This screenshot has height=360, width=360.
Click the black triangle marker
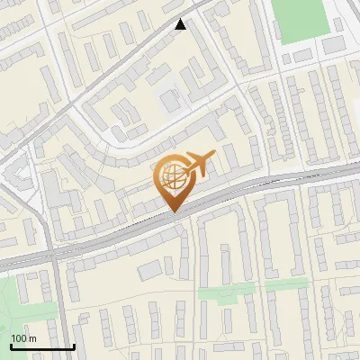(x=181, y=24)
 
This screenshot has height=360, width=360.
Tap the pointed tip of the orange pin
(x=173, y=212)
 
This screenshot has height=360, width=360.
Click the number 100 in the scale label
(x=18, y=338)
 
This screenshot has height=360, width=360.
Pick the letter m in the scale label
(x=32, y=338)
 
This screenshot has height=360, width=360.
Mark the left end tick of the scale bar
(x=11, y=346)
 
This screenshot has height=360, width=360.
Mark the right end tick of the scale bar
(x=74, y=346)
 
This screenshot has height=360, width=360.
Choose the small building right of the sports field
(x=334, y=44)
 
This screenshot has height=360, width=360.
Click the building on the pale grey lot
(x=171, y=100)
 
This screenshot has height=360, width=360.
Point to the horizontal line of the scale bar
(x=42, y=346)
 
